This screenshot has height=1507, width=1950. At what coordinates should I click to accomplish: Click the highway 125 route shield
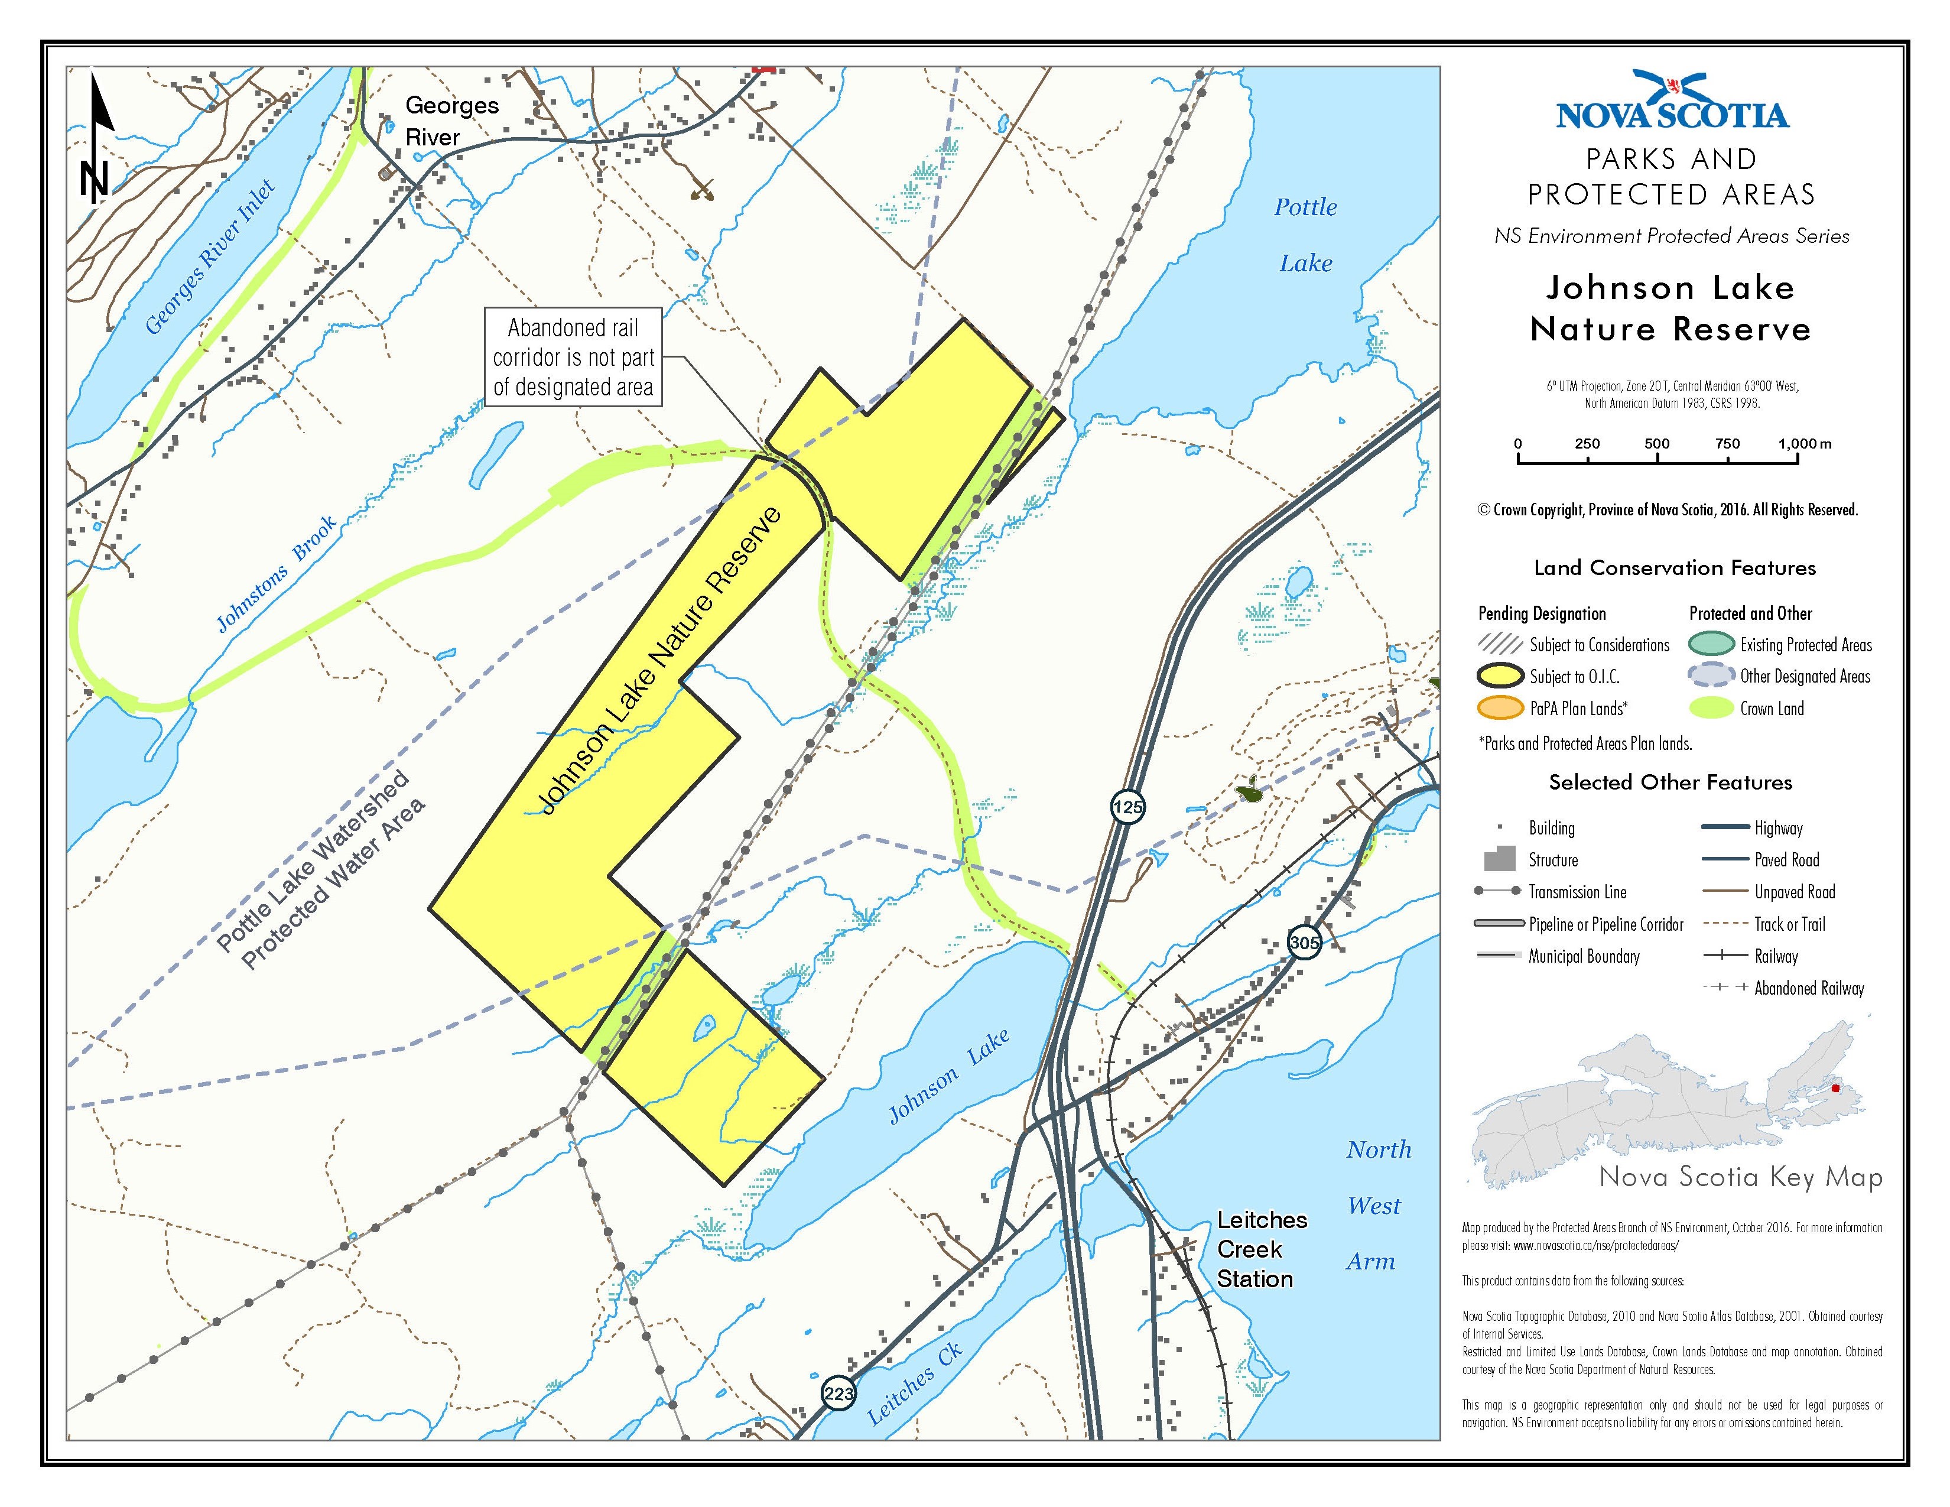coord(1127,807)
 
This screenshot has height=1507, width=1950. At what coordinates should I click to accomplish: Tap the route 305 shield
coord(1305,942)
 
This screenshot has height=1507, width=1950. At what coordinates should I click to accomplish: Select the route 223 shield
coord(838,1394)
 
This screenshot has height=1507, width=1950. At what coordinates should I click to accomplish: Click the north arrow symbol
coord(96,138)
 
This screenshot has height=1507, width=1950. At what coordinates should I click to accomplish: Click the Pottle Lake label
coord(1305,235)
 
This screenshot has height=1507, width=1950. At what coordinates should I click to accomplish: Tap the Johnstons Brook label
coord(277,573)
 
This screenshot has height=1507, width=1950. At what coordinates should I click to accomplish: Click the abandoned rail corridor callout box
coord(573,357)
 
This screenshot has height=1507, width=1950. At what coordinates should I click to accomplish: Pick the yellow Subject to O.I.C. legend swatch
coord(1501,677)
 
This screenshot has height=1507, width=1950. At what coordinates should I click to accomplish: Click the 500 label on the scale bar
coord(1657,444)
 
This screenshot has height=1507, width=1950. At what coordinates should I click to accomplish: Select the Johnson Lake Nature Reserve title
coord(1670,308)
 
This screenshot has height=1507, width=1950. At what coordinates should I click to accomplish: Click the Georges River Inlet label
coord(209,257)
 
